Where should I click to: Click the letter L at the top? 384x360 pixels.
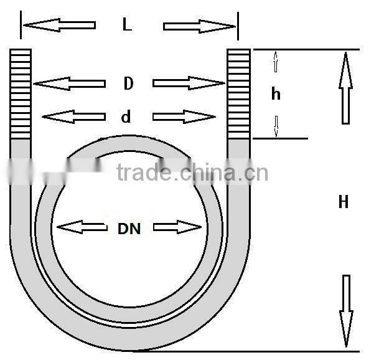127,25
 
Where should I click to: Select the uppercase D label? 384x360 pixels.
128,83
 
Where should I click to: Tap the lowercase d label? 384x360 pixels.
126,116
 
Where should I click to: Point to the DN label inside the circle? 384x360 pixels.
129,229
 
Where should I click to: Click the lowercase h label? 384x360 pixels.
276,94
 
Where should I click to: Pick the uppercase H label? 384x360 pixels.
343,202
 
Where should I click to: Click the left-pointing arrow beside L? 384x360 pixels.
59,26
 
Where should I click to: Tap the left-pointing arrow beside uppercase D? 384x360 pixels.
68,83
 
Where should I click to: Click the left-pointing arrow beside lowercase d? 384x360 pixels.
73,116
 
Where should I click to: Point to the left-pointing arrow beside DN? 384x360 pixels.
81,227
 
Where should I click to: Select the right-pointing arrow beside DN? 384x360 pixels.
177,227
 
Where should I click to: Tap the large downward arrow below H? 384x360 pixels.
346,310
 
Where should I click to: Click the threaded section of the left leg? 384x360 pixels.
21,93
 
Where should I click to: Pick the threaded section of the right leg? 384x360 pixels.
238,93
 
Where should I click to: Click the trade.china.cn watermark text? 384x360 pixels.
192,172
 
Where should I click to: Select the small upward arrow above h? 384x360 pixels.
276,62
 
